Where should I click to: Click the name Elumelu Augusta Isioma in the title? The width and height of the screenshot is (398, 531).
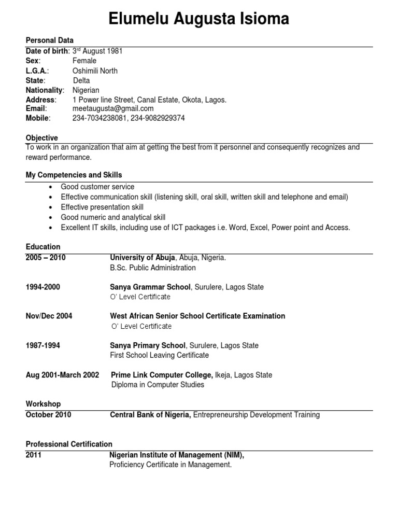199,19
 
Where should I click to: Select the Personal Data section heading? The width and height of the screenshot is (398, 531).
50,40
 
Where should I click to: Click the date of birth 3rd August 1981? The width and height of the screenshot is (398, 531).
97,51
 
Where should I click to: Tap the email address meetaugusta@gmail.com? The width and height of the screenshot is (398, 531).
113,108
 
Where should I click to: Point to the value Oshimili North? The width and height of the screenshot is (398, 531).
95,71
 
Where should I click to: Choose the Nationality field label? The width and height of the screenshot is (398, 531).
45,90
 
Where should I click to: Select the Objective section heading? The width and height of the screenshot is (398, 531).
42,138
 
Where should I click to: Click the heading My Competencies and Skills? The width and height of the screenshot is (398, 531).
74,175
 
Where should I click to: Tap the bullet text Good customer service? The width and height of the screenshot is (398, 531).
97,187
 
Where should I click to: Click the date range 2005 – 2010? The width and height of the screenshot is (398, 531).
46,258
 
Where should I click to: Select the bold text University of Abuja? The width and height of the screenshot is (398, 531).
143,258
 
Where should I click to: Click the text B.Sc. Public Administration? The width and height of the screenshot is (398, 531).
153,268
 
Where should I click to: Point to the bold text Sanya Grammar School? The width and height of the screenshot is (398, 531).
149,287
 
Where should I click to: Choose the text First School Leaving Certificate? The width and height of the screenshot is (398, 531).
160,355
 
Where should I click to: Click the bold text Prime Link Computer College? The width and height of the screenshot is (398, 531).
162,375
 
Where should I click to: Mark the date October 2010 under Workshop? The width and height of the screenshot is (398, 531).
49,415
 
